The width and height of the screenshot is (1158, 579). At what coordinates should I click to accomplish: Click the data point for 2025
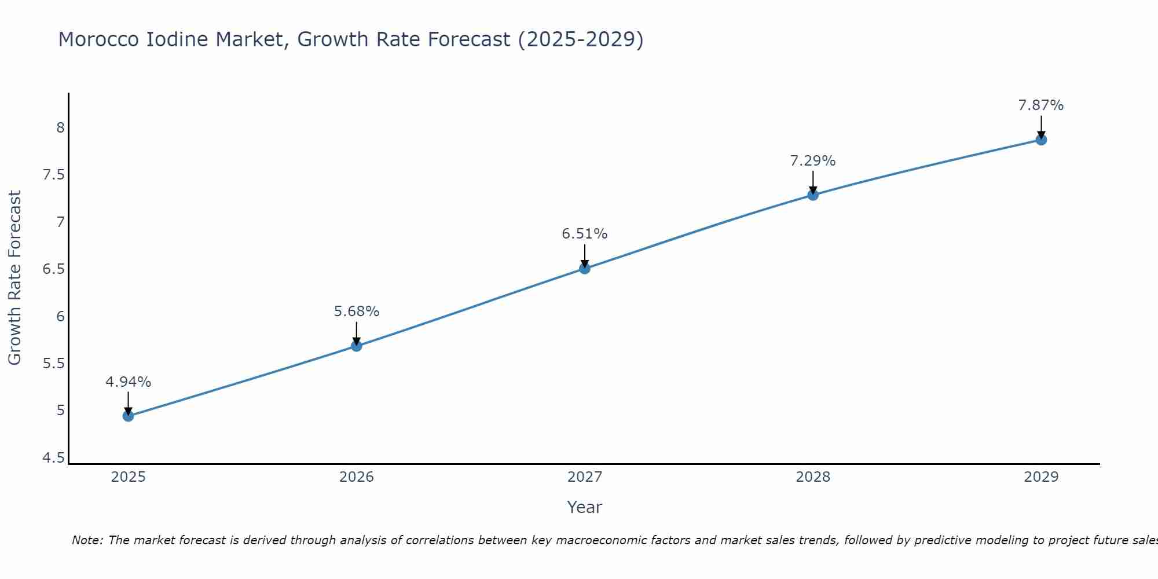click(x=129, y=416)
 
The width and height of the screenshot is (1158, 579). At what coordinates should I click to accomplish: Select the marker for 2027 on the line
click(x=585, y=268)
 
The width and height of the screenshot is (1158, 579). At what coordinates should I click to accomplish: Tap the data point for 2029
click(x=1041, y=140)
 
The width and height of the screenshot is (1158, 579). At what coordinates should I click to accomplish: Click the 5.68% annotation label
click(x=357, y=312)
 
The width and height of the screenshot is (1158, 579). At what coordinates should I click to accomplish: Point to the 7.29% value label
click(x=813, y=161)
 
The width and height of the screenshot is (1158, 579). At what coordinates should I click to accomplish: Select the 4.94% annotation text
click(x=129, y=382)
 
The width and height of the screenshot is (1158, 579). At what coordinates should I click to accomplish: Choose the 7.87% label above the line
click(x=1041, y=105)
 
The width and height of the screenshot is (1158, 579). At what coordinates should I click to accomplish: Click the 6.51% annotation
click(x=585, y=234)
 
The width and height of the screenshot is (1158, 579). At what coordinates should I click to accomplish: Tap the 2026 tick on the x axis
click(x=357, y=477)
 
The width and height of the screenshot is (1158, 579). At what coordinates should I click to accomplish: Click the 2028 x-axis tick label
click(x=813, y=477)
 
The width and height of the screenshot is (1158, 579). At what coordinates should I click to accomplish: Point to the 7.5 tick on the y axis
click(x=54, y=175)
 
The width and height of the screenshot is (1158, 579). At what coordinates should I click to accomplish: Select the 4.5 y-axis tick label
click(x=54, y=458)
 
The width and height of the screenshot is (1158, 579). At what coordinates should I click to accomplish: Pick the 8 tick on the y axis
click(x=60, y=128)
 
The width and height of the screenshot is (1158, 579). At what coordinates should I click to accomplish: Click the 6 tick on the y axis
click(x=60, y=316)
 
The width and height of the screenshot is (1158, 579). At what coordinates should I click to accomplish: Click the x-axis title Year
click(x=585, y=507)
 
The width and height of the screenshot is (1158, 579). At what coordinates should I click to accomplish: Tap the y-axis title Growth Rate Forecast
click(x=14, y=277)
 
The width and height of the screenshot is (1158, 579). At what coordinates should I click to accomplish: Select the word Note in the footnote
click(x=87, y=540)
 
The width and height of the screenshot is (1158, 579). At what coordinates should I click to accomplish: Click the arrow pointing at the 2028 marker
click(x=813, y=182)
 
